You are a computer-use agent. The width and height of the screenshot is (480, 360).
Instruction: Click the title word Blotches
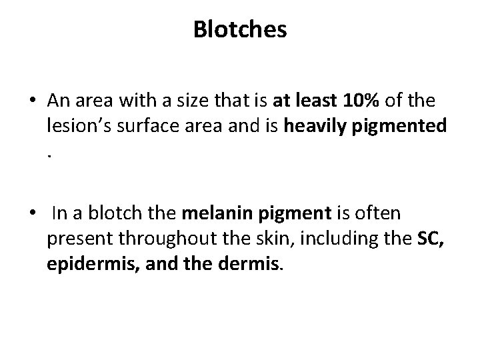240,29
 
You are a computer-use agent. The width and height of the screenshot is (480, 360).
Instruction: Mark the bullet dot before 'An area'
33,101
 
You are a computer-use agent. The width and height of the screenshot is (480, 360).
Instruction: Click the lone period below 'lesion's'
50,153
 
